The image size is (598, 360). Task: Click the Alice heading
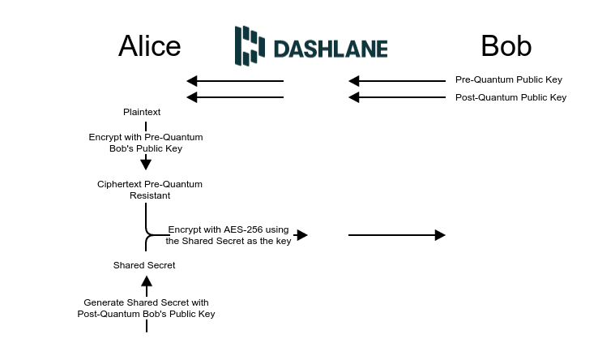click(x=150, y=46)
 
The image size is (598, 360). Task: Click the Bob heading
click(x=506, y=46)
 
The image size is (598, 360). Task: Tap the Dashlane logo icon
click(x=250, y=45)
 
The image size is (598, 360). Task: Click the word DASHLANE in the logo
click(x=330, y=49)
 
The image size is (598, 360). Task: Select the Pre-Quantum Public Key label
click(x=508, y=80)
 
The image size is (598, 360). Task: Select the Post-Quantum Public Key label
click(x=510, y=97)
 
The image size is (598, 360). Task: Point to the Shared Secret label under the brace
click(x=144, y=265)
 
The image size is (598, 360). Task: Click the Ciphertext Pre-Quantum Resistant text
click(x=150, y=190)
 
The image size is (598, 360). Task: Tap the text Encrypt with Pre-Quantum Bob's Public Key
click(x=146, y=143)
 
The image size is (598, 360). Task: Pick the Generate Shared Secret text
click(x=146, y=308)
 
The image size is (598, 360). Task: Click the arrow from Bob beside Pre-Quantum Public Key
click(x=397, y=81)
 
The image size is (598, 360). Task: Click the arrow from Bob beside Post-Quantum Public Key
click(x=397, y=97)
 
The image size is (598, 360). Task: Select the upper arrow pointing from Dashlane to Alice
click(x=235, y=81)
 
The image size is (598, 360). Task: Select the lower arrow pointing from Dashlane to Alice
click(x=235, y=97)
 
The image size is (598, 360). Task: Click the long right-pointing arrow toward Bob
click(x=397, y=235)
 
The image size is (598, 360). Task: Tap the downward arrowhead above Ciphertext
click(x=146, y=165)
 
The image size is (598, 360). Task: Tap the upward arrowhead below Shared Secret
click(x=147, y=281)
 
